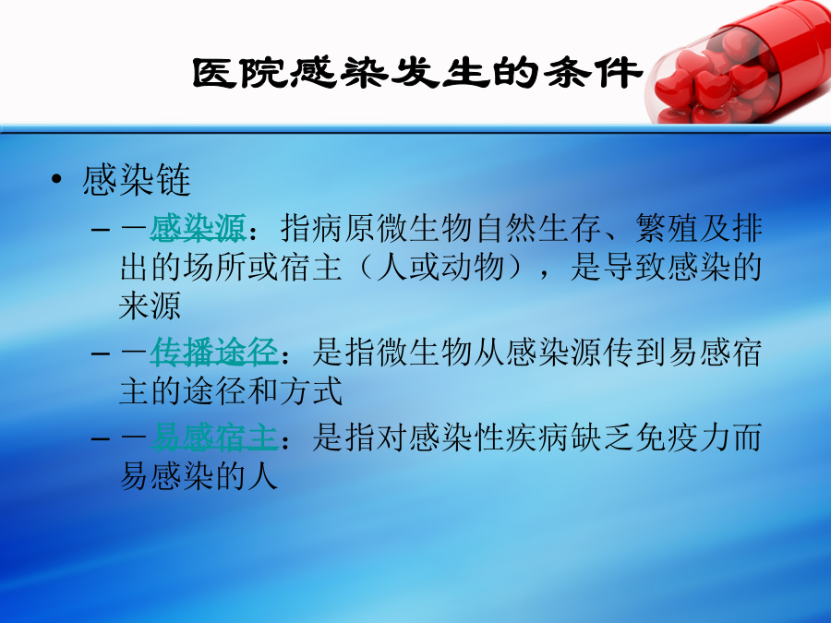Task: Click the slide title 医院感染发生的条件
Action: click(416, 73)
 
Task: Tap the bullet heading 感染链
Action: click(137, 180)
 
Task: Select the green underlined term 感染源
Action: click(198, 228)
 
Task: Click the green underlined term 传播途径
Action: click(213, 353)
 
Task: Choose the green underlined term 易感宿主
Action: click(213, 437)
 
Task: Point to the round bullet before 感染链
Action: click(56, 179)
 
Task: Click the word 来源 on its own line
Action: click(150, 306)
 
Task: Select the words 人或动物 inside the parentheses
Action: click(440, 267)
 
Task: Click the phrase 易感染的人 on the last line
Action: click(199, 475)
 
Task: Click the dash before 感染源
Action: click(101, 230)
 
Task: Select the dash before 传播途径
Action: click(101, 353)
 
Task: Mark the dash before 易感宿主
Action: click(101, 438)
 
